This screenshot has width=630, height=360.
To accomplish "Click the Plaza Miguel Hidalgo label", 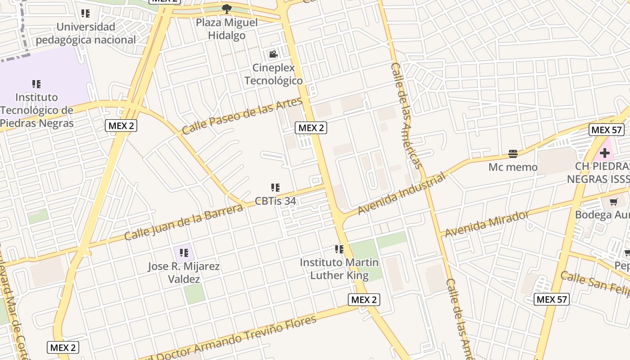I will pyautogui.click(x=227, y=29).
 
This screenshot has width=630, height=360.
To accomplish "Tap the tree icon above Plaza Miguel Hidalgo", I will pyautogui.click(x=227, y=9).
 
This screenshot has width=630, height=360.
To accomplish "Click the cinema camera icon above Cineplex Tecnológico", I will pyautogui.click(x=273, y=55).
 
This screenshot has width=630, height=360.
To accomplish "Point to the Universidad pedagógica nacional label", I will pyautogui.click(x=85, y=33).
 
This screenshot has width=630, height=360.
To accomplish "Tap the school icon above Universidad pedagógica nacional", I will pyautogui.click(x=85, y=13).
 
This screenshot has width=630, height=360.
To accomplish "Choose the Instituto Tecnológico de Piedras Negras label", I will pyautogui.click(x=37, y=110).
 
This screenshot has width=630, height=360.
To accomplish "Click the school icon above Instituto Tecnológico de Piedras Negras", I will pyautogui.click(x=37, y=84).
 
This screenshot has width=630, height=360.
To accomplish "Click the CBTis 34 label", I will pyautogui.click(x=275, y=201).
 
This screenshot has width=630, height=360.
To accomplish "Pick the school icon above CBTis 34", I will pyautogui.click(x=275, y=187).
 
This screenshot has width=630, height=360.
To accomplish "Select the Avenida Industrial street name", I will pyautogui.click(x=401, y=193).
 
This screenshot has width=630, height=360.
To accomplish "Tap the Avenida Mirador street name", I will pyautogui.click(x=487, y=223).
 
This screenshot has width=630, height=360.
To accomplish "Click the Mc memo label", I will pyautogui.click(x=513, y=167).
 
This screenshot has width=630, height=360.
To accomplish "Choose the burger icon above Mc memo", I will pyautogui.click(x=513, y=154).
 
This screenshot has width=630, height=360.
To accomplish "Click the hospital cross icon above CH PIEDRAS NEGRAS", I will pyautogui.click(x=604, y=153).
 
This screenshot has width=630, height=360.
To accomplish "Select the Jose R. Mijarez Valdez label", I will pyautogui.click(x=184, y=273).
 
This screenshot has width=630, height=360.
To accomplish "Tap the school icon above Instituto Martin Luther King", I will pyautogui.click(x=339, y=249).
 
